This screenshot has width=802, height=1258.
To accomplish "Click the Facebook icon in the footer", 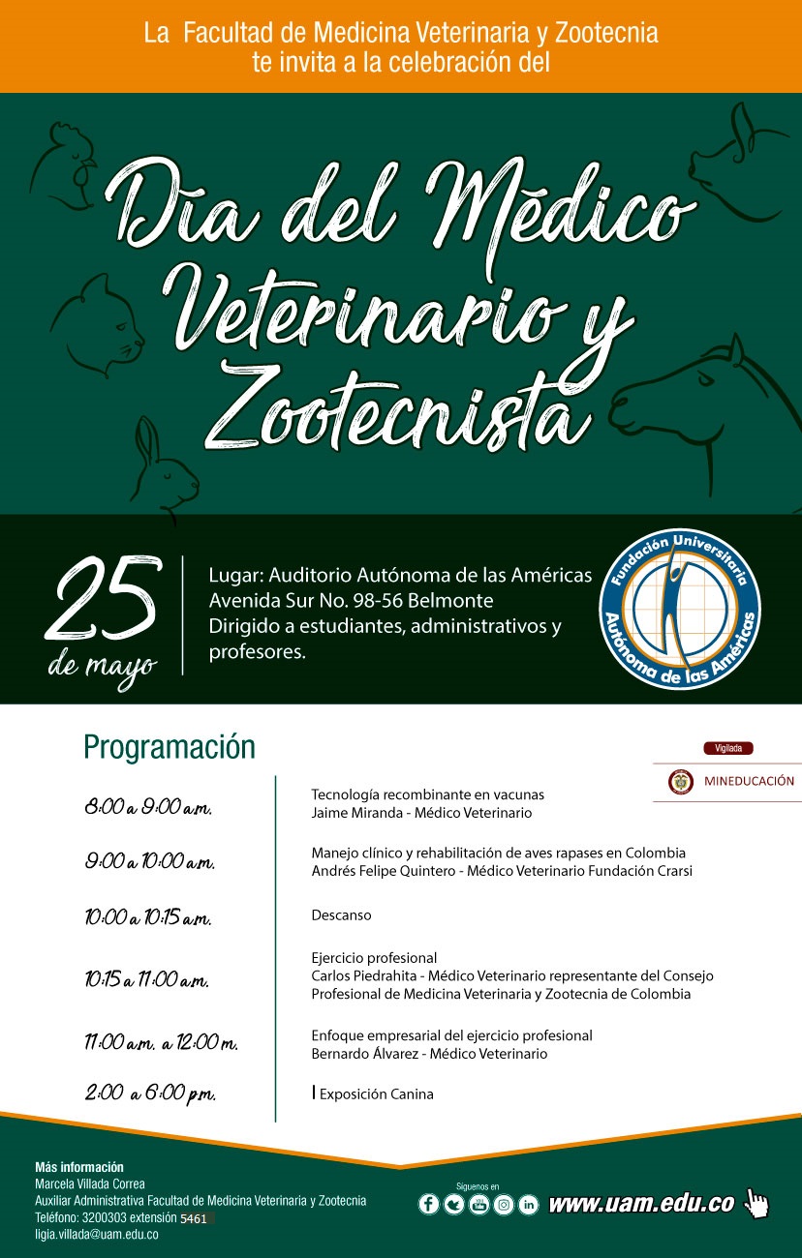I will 428,1205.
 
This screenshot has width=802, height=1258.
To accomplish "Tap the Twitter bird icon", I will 453,1205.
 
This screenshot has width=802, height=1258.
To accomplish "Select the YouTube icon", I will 478,1205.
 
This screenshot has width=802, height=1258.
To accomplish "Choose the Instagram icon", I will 504,1205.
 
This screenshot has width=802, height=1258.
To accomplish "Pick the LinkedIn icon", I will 529,1205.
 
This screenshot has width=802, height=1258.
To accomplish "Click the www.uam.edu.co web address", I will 641,1205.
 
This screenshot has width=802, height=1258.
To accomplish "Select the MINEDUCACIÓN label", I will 749,782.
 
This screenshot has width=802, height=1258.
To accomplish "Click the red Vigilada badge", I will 727,748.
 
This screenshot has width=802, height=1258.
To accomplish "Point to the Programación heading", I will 170,747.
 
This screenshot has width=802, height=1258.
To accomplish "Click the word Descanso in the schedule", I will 341,914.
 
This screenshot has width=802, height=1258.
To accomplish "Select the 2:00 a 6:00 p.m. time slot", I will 150,1093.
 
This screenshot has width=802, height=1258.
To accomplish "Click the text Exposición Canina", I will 376,1094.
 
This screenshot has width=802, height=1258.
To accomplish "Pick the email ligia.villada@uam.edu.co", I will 97,1235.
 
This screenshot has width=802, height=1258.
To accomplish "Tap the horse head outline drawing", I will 707,397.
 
